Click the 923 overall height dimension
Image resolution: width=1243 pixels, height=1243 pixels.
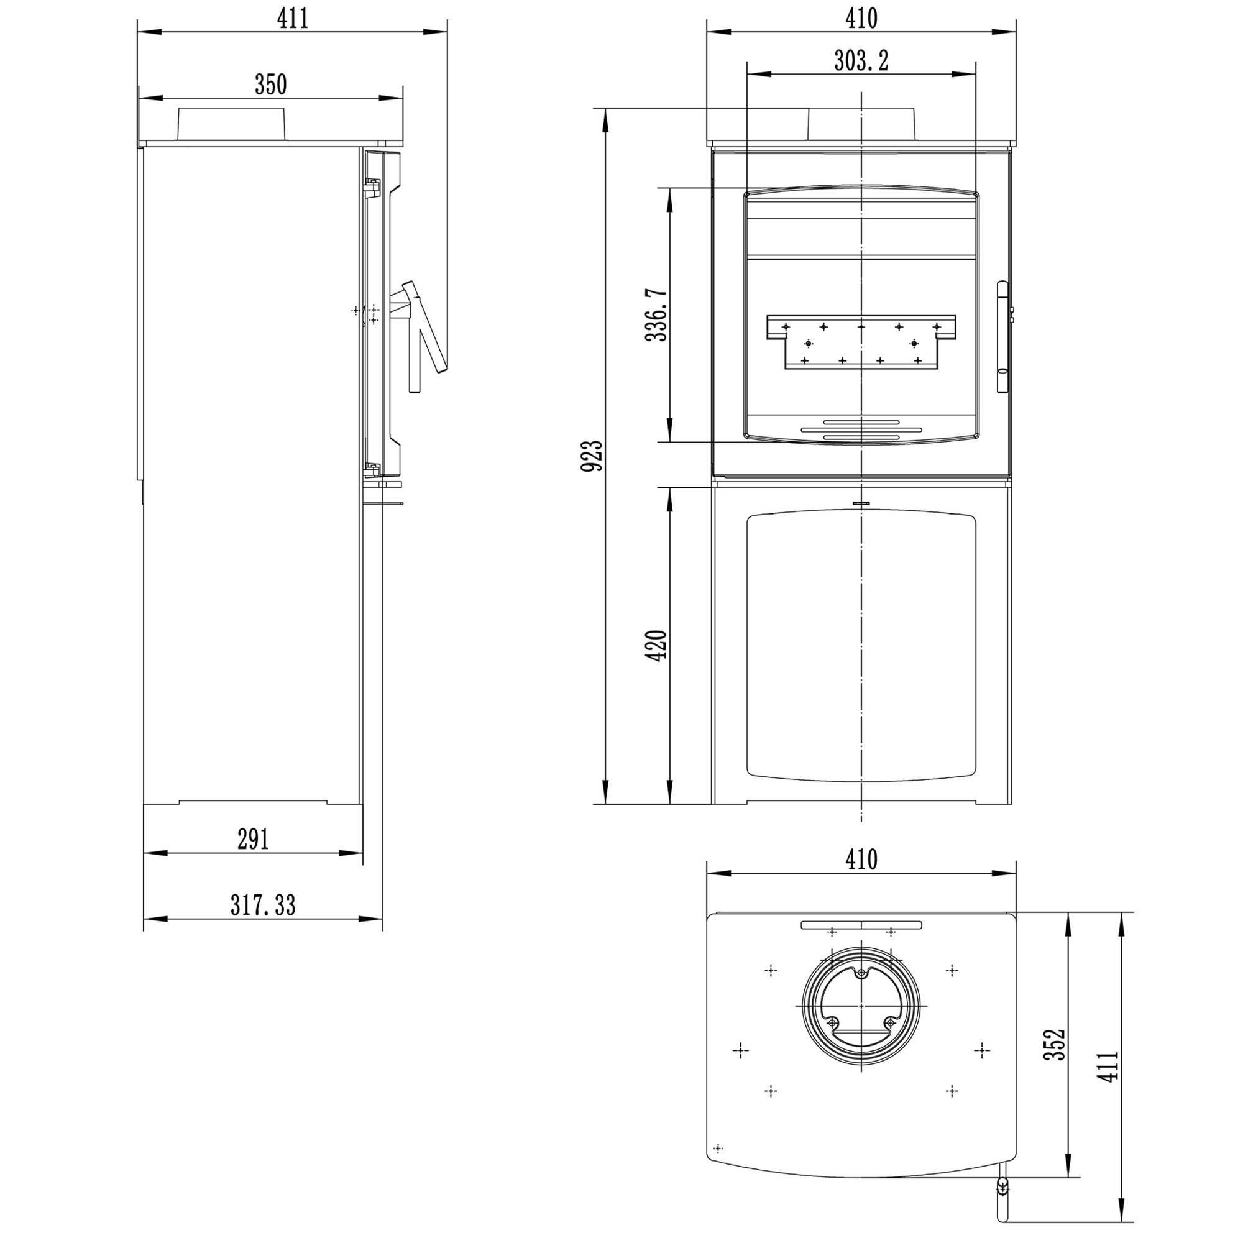(x=592, y=456)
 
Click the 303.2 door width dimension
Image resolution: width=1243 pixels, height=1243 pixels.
(x=861, y=61)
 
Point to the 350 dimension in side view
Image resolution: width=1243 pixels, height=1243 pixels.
(x=270, y=85)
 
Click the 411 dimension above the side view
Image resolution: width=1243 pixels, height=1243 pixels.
(x=293, y=19)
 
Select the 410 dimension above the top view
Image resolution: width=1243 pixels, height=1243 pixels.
(x=861, y=860)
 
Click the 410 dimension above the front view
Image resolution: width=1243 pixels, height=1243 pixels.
(x=861, y=19)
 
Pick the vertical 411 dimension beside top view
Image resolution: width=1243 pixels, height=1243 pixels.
(x=1109, y=1066)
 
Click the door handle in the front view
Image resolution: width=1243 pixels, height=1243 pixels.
(x=1003, y=336)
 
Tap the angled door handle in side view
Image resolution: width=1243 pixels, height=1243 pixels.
(x=424, y=328)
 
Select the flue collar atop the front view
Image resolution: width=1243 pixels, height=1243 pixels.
(x=861, y=124)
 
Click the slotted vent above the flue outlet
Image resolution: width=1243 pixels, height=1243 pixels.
(x=861, y=925)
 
